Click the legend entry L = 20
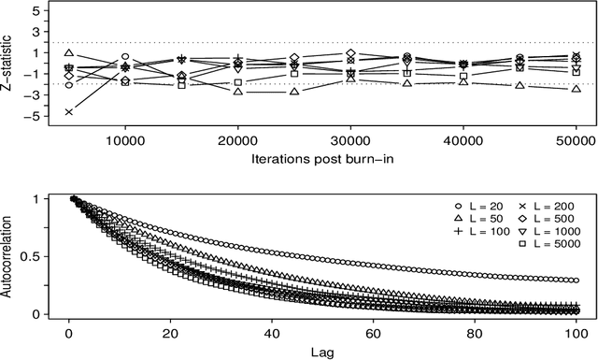coord(477,205)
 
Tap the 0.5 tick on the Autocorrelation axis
coord(43,256)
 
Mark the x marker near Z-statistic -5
coord(69,112)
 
